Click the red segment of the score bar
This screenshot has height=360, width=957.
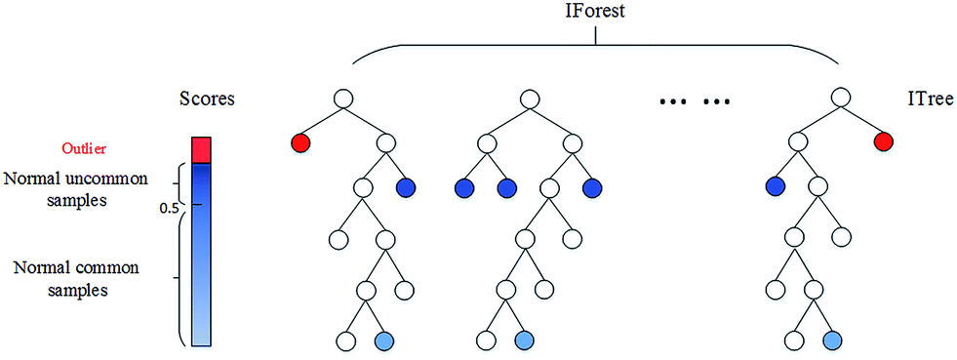coord(201,149)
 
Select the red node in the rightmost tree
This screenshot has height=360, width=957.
coord(883,143)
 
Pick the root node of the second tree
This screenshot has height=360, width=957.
coord(528,99)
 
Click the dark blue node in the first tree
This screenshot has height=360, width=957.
coord(407,188)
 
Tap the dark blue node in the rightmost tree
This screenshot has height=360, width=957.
coord(776,185)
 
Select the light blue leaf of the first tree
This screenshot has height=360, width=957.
coord(385,341)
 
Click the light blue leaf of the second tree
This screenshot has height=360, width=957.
coord(525,341)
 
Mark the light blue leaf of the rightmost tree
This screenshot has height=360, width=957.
coord(832,341)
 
